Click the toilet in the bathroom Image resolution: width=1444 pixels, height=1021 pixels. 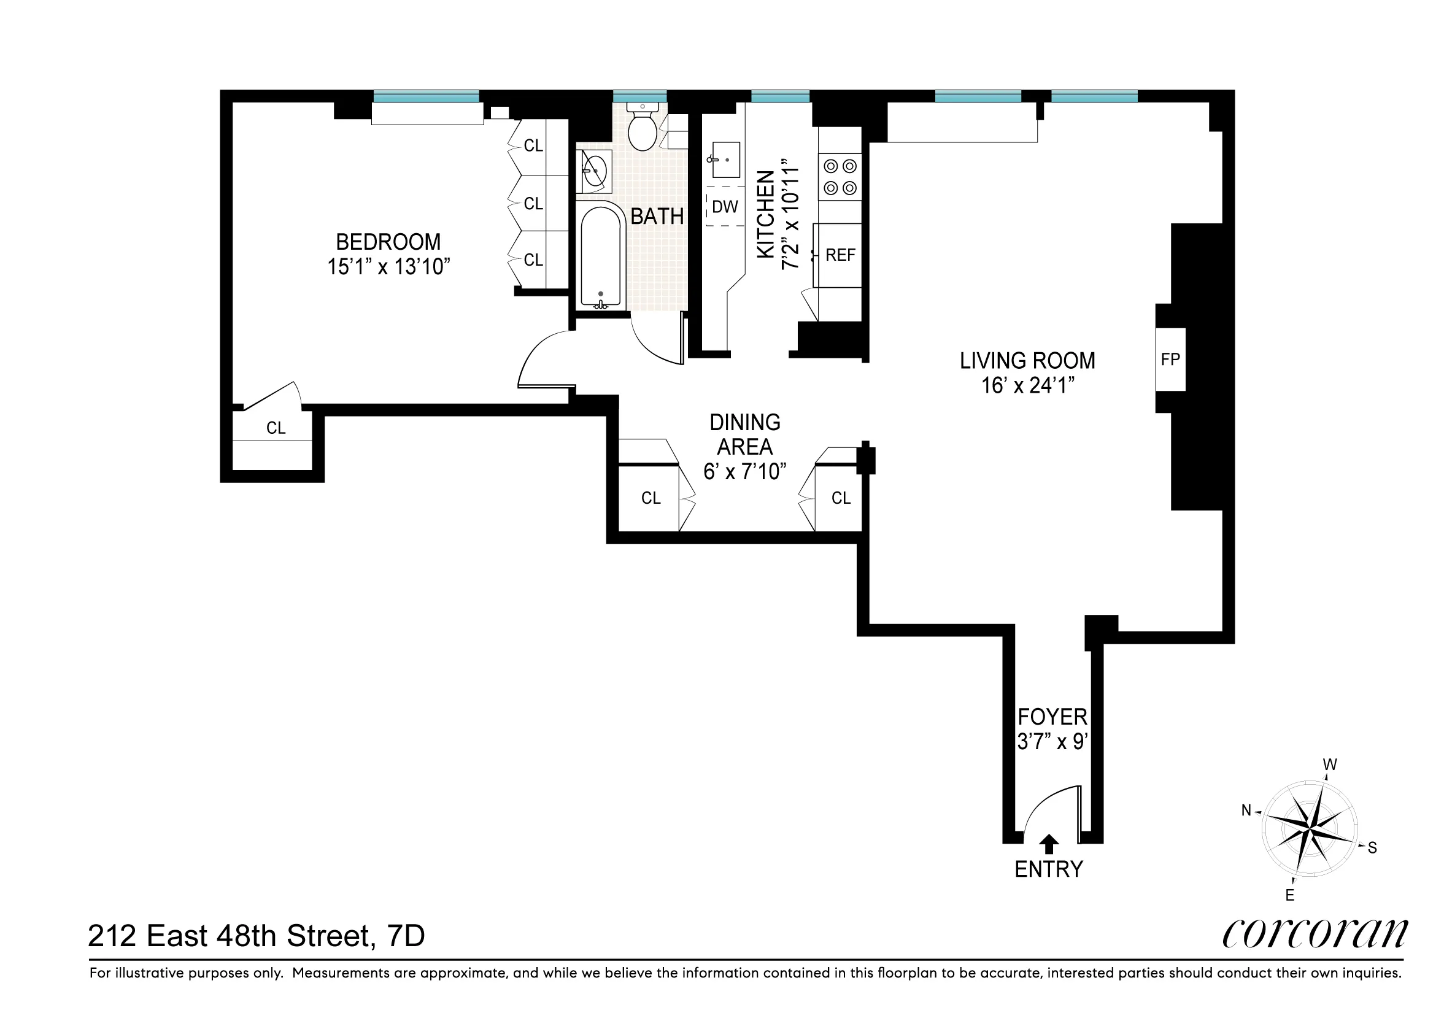pyautogui.click(x=642, y=130)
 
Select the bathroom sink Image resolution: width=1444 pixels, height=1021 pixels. pyautogui.click(x=594, y=171)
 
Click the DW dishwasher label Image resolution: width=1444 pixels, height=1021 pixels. pyautogui.click(x=725, y=206)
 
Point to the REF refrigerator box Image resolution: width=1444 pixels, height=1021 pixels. pyautogui.click(x=840, y=255)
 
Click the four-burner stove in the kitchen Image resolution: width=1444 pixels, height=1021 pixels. pyautogui.click(x=840, y=177)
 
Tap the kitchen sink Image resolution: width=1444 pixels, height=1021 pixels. pyautogui.click(x=725, y=160)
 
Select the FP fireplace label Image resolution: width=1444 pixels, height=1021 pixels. pyautogui.click(x=1170, y=359)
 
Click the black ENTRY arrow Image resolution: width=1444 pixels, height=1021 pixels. pyautogui.click(x=1048, y=844)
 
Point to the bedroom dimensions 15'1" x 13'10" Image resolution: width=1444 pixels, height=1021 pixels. pyautogui.click(x=388, y=266)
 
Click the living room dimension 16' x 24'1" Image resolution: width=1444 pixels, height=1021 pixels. pyautogui.click(x=1027, y=385)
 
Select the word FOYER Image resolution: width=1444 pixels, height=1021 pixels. pyautogui.click(x=1052, y=717)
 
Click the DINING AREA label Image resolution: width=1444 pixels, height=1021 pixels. pyautogui.click(x=744, y=434)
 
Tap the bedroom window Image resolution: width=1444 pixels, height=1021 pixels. pyautogui.click(x=427, y=96)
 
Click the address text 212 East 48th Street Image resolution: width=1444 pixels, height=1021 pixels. pyautogui.click(x=230, y=936)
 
